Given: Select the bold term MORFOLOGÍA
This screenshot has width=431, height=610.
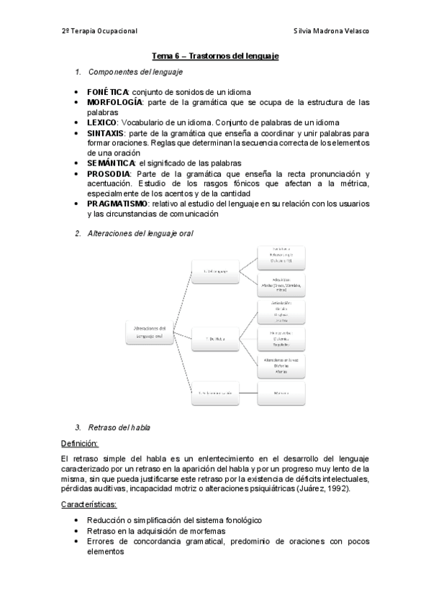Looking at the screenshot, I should pyautogui.click(x=115, y=103).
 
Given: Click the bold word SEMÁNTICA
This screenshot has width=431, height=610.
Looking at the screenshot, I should pyautogui.click(x=111, y=163).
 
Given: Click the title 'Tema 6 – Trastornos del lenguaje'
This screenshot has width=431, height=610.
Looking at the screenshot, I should pyautogui.click(x=215, y=55).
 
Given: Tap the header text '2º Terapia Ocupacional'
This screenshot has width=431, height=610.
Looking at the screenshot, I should pyautogui.click(x=99, y=30).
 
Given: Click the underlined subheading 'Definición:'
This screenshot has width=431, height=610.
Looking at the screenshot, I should pyautogui.click(x=80, y=443).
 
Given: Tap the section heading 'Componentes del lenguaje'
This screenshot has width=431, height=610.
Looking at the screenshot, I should pyautogui.click(x=135, y=72).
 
